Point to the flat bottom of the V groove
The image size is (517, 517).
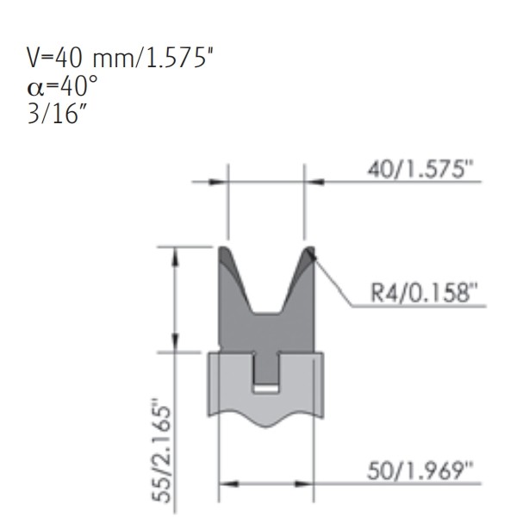coord(266,312)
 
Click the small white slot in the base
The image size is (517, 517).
coord(266,389)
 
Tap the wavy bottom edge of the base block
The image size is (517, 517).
coord(266,423)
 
